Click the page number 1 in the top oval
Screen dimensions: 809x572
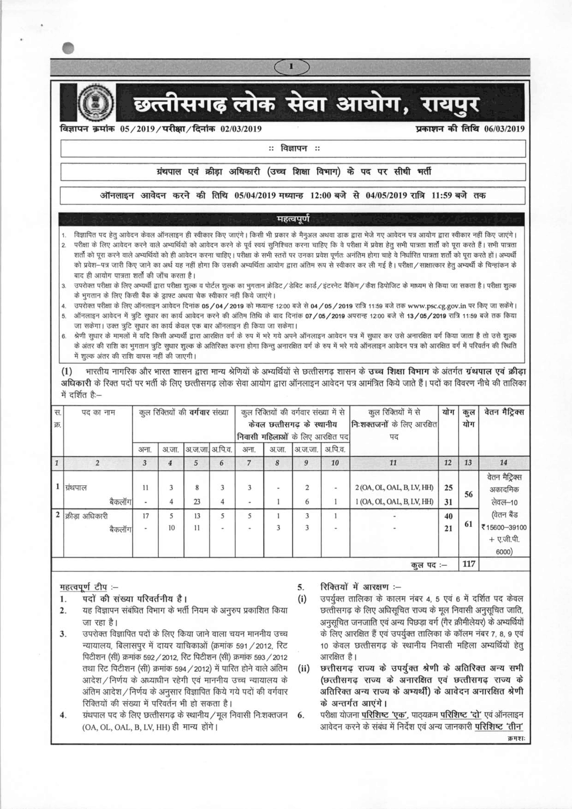pyautogui.click(x=291, y=67)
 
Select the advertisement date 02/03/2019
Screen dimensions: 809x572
pyautogui.click(x=241, y=129)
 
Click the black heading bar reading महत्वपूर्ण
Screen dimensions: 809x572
pyautogui.click(x=292, y=219)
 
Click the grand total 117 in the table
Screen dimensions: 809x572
pyautogui.click(x=468, y=564)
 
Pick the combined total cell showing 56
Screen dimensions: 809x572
pyautogui.click(x=468, y=494)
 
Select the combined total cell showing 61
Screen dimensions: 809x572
pyautogui.click(x=468, y=524)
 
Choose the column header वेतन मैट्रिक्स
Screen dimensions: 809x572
pyautogui.click(x=504, y=412)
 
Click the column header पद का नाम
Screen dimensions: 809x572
pyautogui.click(x=98, y=412)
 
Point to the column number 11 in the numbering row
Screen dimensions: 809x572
pyautogui.click(x=393, y=463)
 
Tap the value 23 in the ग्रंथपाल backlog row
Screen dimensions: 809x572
pyautogui.click(x=197, y=502)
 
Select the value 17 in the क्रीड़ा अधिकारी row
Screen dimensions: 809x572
pyautogui.click(x=145, y=516)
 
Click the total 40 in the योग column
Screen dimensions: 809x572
pyautogui.click(x=448, y=516)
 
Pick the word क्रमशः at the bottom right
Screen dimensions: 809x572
pyautogui.click(x=516, y=739)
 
